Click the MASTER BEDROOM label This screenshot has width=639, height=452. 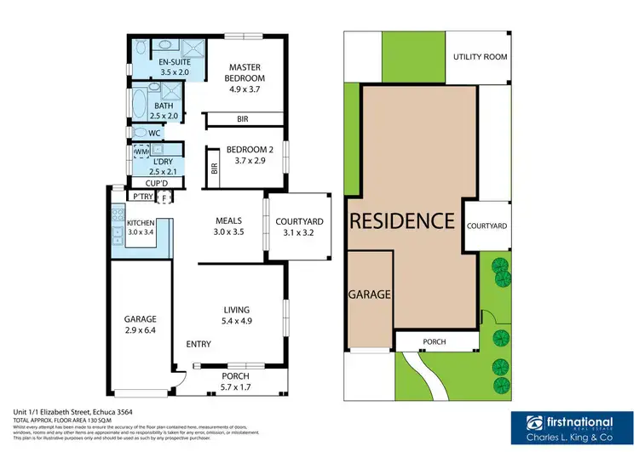click(x=243, y=75)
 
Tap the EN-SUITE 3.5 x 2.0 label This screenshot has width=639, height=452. click(x=174, y=67)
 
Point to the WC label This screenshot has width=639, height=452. click(x=154, y=134)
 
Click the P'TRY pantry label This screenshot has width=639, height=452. click(x=138, y=197)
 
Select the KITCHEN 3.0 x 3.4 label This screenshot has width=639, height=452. click(x=140, y=226)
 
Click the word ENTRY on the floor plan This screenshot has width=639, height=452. click(x=199, y=344)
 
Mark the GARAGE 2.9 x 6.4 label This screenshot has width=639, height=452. click(x=141, y=325)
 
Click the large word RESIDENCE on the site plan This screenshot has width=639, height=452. click(x=402, y=222)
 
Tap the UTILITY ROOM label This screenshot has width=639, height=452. click(x=480, y=57)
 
